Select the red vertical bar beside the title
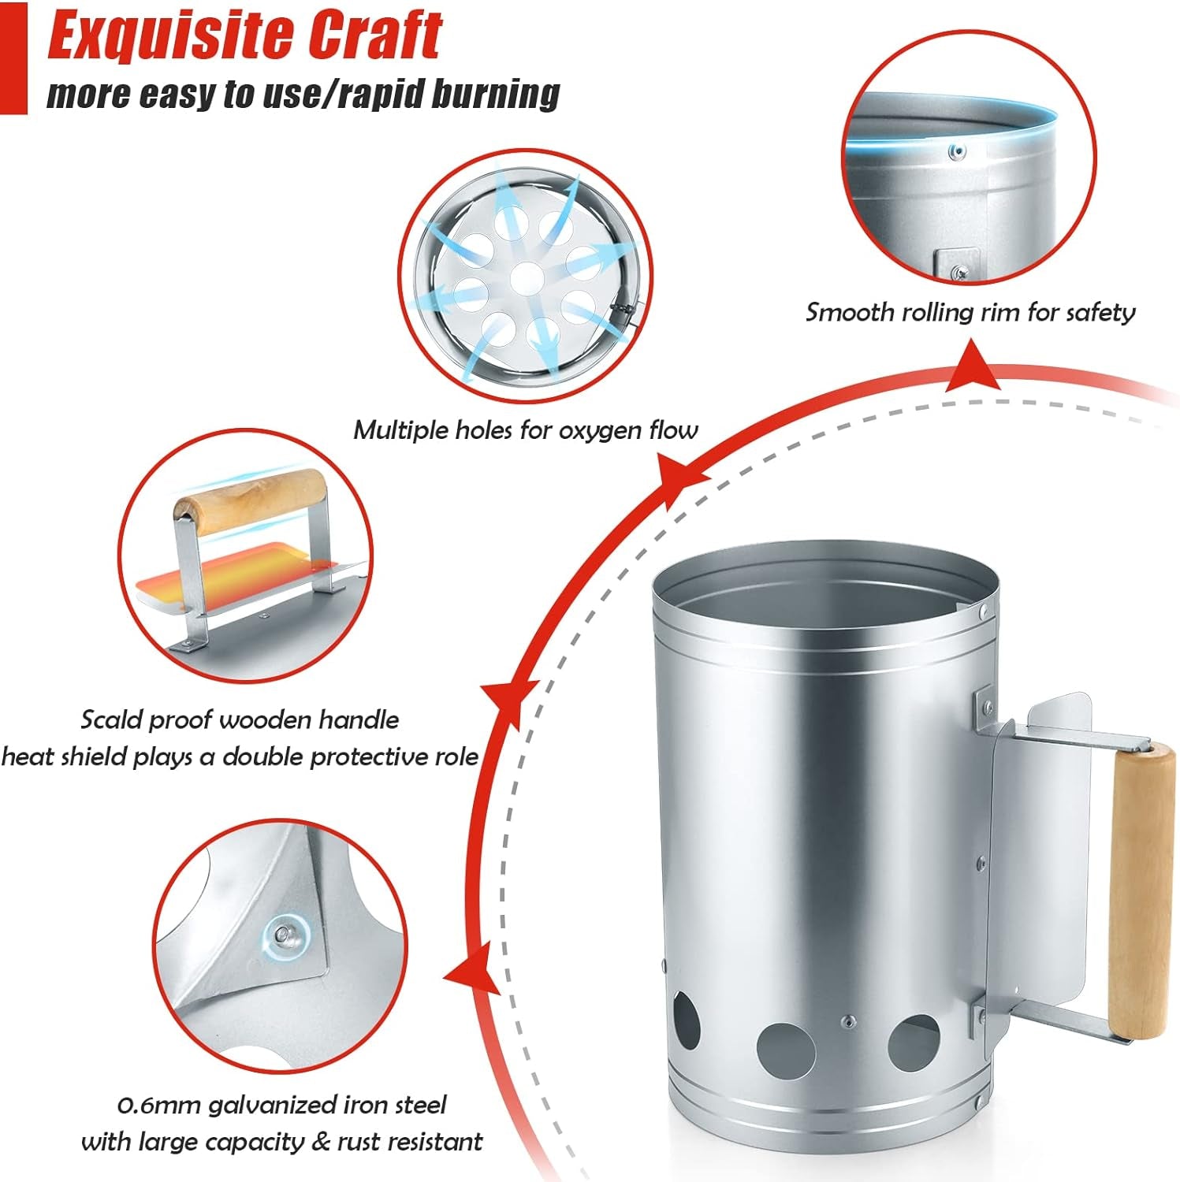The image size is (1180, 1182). point(13,58)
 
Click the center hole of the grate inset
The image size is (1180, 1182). point(527,278)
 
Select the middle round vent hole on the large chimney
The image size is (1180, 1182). point(786,1051)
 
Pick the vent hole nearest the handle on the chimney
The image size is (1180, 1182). point(914,1043)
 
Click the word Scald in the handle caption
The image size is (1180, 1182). point(112,719)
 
